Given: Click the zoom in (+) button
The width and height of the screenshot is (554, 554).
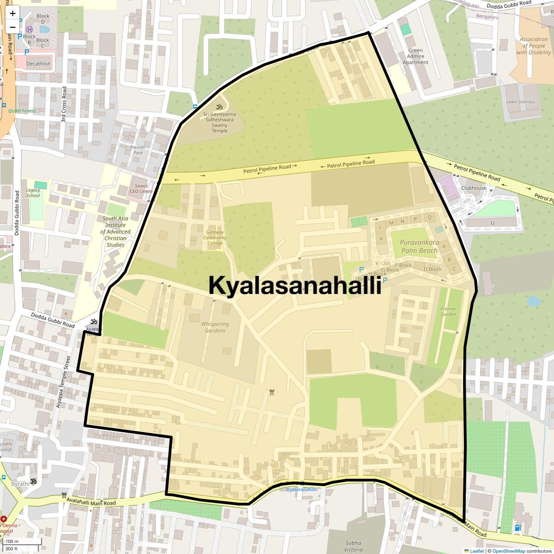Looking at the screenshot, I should tap(12, 13).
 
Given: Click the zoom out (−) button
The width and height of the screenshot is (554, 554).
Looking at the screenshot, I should tap(12, 27).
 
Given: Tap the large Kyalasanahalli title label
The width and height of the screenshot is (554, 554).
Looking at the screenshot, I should tap(295, 285).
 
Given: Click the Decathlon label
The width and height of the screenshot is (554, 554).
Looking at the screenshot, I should tap(38, 64).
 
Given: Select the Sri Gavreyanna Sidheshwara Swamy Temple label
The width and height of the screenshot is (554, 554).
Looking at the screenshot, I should tap(219, 122).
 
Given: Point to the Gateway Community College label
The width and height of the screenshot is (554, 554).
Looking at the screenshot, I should tap(215, 238).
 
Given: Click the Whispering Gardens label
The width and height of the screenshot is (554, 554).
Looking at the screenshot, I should tap(215, 327).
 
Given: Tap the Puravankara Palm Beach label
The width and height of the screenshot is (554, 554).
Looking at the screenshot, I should tap(419, 247).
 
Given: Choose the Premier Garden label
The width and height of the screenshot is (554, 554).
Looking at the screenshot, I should tap(448, 312).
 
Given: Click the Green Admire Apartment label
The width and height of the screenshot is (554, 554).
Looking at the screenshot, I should tap(415, 56).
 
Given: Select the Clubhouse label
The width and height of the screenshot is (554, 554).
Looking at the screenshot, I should tap(474, 188).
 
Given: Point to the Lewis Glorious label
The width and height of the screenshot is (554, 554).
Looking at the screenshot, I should tap(521, 102).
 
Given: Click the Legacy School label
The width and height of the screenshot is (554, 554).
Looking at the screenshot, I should tap(33, 193).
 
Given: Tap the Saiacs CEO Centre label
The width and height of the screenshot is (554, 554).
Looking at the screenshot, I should tap(141, 188).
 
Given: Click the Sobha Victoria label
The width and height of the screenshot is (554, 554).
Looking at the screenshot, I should tap(353, 546).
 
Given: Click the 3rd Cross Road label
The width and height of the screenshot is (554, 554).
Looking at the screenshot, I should tap(64, 104).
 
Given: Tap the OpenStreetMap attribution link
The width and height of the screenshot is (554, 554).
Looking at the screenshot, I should tap(508, 551).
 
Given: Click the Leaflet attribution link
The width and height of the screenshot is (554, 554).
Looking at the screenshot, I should tap(476, 551).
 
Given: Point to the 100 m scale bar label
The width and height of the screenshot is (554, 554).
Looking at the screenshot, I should tap(12, 542).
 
